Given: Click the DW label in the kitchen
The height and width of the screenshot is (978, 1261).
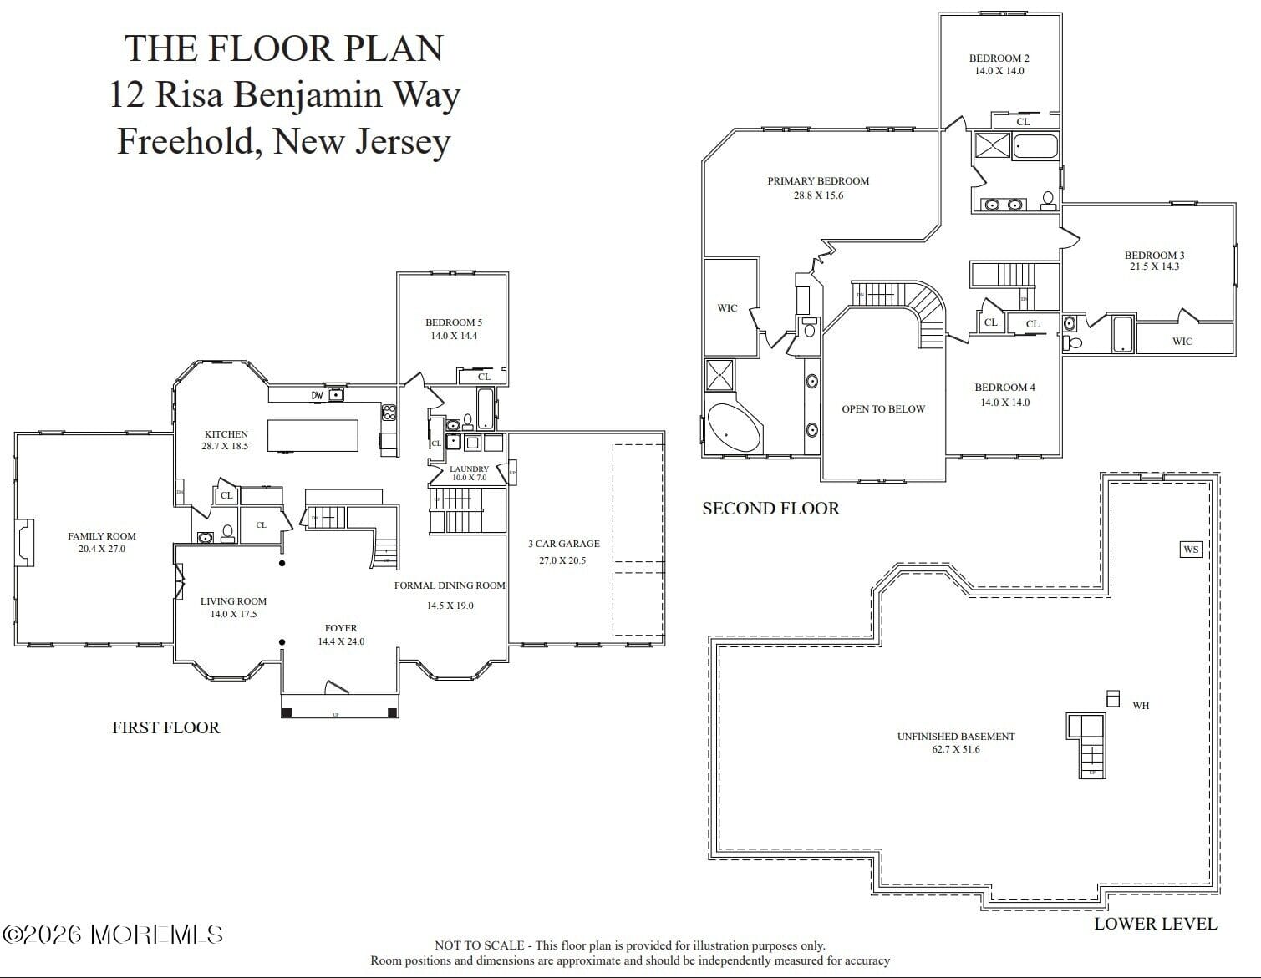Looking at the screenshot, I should pos(317,395).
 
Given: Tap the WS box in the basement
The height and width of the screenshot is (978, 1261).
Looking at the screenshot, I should pos(1191,549).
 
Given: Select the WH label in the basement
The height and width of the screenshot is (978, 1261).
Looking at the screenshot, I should pos(1141,706).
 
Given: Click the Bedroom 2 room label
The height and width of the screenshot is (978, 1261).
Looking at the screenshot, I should pos(999,58).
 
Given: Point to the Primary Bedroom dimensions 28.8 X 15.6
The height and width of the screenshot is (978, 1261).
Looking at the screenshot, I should pos(818,195).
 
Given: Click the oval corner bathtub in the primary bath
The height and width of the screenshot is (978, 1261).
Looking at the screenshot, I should pos(734,429).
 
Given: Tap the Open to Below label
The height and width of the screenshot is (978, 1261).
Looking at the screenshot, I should pos(883,409).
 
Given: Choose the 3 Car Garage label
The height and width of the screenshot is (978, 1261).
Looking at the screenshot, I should pos(563,544).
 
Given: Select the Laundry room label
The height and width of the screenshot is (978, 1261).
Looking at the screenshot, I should pos(469,469).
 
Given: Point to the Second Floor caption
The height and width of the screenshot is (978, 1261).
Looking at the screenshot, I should pos(770,509).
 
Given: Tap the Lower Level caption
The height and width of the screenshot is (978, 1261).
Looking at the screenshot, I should pos(1155,924).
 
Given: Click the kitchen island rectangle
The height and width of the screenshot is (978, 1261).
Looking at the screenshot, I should pos(313,435).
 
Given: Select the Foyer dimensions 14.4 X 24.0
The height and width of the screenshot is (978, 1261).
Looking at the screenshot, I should pos(341,641).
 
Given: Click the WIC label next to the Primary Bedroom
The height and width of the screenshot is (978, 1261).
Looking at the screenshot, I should pos(727,308).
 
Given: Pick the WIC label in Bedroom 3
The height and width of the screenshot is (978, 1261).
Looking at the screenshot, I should pos(1182,341).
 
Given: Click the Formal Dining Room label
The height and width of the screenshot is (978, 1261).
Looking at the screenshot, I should pos(450,585).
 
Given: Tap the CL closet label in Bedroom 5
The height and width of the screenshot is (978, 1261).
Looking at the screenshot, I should pos(484,377).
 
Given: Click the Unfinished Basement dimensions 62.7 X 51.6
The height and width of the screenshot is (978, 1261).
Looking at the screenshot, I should pos(956,749).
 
